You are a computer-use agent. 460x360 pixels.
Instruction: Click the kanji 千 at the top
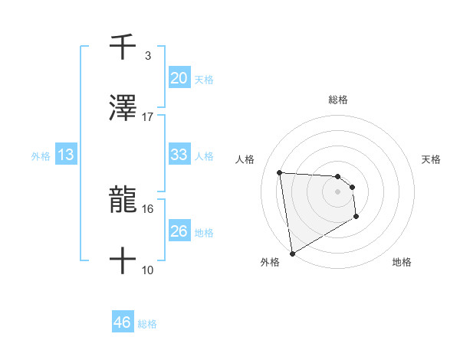click(x=123, y=47)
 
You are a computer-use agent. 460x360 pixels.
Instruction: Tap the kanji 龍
click(x=123, y=201)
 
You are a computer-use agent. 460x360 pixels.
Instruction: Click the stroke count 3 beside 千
click(x=148, y=56)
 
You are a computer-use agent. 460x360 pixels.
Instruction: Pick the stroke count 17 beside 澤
click(x=148, y=116)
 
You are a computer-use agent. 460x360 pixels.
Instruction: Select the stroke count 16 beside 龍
click(x=148, y=208)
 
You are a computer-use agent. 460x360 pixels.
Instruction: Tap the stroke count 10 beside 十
click(x=148, y=270)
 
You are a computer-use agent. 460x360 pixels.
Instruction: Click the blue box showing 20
click(x=179, y=77)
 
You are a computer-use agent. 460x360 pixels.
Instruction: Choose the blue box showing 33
click(x=179, y=155)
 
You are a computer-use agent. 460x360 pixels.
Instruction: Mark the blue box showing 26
click(x=179, y=231)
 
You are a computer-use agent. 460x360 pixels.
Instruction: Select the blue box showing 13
click(x=66, y=155)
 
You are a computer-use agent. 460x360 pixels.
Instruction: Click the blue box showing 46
click(x=123, y=322)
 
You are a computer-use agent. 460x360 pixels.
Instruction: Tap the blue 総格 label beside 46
click(x=147, y=324)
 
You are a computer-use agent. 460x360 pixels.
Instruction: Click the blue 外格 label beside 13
click(x=41, y=156)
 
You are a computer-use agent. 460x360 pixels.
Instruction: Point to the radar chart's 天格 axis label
click(x=432, y=159)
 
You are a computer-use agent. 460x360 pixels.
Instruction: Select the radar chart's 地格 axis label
click(x=402, y=262)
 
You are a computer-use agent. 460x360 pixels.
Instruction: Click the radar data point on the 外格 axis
click(x=292, y=253)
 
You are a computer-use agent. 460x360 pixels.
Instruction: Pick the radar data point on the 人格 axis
click(x=280, y=172)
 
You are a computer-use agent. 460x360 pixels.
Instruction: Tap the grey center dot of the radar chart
click(x=337, y=191)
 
